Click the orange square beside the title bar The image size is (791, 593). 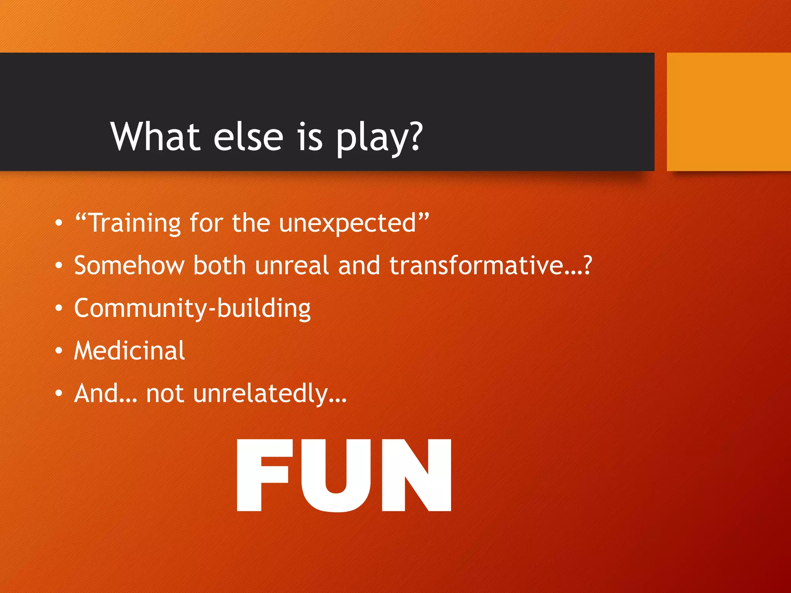pos(728,112)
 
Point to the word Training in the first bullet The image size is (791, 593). pos(135,223)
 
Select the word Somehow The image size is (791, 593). pos(129,265)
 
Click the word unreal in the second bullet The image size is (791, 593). pos(292,265)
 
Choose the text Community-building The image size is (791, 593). pos(192,308)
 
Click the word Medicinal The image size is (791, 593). pos(129,351)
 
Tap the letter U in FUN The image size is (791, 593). pos(338,476)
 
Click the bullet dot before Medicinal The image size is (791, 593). pos(58,351)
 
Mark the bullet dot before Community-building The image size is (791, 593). pos(58,308)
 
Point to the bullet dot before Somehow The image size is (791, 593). pos(58,266)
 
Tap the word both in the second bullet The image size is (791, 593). pos(219,265)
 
